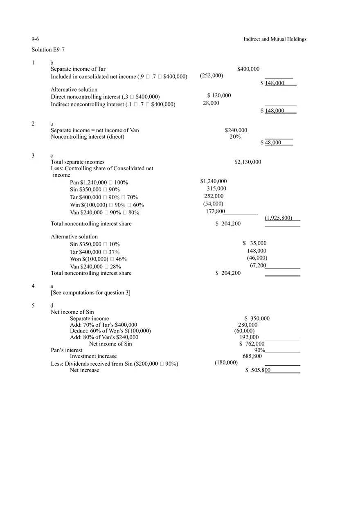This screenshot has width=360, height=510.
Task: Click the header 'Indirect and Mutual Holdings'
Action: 274,39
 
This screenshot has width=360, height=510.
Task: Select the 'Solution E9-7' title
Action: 48,49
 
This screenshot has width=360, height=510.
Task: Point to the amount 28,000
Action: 211,103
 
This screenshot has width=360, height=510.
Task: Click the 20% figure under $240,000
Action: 235,137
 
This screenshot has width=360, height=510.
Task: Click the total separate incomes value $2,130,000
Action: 248,162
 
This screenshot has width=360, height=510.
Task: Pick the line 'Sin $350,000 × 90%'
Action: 94,190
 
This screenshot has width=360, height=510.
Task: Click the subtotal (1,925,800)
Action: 278,218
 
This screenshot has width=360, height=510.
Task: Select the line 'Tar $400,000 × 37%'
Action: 94,252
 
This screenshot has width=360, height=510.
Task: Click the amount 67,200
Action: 258,265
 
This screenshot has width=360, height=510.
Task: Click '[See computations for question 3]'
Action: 90,292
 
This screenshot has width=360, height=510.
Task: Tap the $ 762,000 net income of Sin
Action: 252,344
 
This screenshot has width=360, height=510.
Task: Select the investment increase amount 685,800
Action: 252,356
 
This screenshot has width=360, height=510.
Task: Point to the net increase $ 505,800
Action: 258,370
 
